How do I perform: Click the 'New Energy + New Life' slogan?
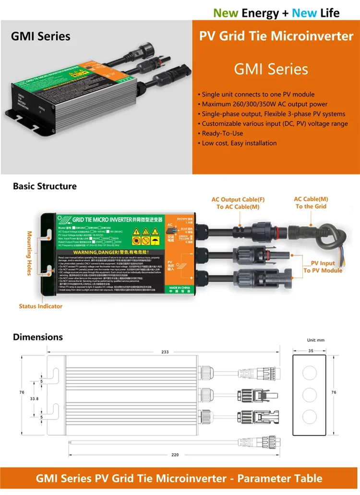(276, 12)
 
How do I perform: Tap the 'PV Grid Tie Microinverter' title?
(276, 36)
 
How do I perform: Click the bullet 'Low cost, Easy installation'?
(237, 143)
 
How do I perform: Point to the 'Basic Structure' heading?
(45, 186)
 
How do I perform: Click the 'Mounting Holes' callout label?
(29, 253)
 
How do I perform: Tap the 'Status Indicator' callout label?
(41, 306)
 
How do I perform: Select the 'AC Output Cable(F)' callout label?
(238, 199)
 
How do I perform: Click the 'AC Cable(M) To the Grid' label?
(311, 202)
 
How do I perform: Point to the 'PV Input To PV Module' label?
(323, 267)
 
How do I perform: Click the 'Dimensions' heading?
(38, 337)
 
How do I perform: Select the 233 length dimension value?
(165, 352)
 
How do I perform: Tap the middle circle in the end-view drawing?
(310, 395)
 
